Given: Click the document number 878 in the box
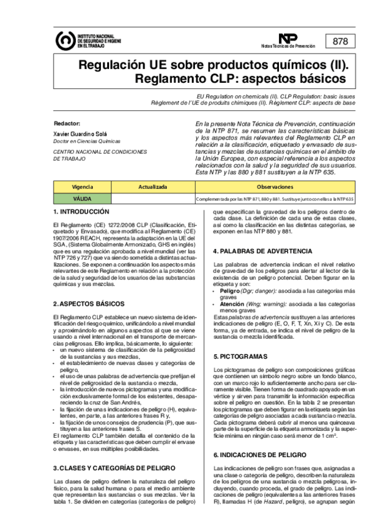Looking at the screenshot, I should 341,42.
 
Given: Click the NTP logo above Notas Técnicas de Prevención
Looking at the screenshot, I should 288,39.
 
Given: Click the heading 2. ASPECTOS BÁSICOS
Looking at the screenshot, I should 88,303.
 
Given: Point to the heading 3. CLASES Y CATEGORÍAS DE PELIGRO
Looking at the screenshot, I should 114,450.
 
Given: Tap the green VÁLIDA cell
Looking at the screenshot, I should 82,199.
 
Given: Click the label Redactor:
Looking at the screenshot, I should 67,123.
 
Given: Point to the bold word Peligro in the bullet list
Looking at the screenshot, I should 230,291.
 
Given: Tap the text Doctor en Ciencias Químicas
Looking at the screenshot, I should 85,142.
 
